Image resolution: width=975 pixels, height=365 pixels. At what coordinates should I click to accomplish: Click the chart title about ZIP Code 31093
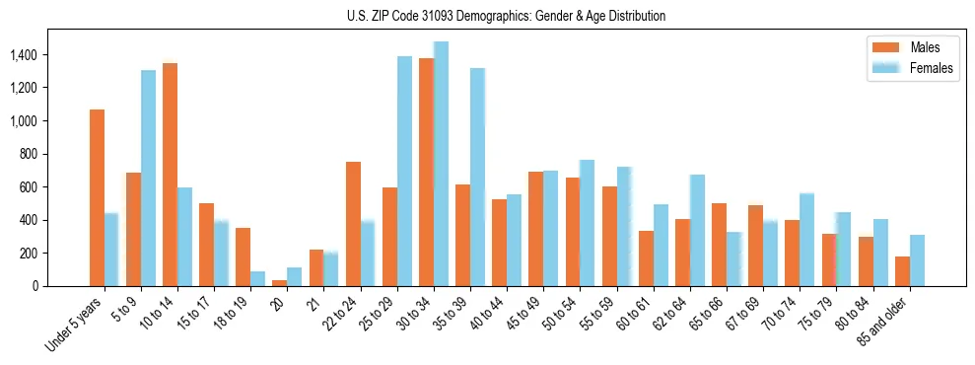point(506,16)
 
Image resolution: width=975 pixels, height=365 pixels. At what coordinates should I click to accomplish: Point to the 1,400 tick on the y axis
point(24,55)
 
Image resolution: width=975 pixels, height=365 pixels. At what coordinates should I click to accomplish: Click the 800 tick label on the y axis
point(28,154)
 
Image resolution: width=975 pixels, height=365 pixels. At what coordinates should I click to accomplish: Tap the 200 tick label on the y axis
point(28,254)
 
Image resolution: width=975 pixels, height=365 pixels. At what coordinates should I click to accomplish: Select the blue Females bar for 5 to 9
point(148,178)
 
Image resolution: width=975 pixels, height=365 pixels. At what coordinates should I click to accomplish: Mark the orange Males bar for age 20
point(280,283)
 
